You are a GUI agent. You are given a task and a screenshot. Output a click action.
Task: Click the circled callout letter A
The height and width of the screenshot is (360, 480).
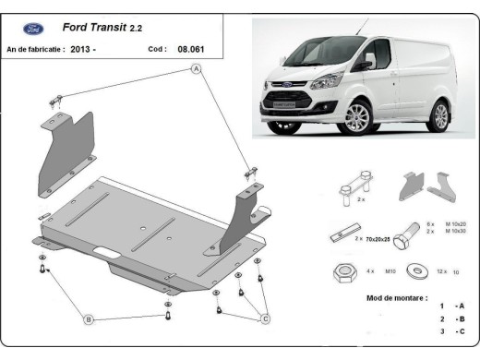coord(196,69)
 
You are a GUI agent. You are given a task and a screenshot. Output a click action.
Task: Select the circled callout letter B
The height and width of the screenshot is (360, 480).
coord(89,319)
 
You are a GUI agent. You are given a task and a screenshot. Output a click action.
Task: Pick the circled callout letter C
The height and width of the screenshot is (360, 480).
coord(265,319)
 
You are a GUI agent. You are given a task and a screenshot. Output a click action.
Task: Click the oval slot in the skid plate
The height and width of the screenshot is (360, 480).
coord(108,252)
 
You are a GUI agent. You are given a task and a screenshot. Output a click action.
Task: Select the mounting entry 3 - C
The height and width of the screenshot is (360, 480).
coord(451,330)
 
